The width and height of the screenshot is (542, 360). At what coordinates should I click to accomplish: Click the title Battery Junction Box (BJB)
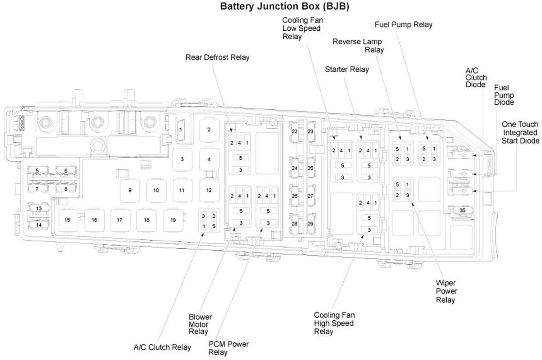pyautogui.click(x=284, y=6)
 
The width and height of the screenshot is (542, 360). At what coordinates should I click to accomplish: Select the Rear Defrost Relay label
pyautogui.click(x=217, y=57)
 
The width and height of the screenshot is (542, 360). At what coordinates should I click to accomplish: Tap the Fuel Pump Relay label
pyautogui.click(x=403, y=24)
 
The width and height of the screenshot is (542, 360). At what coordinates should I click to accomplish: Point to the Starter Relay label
pyautogui.click(x=346, y=69)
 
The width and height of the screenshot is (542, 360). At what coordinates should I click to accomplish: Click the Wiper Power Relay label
pyautogui.click(x=445, y=291)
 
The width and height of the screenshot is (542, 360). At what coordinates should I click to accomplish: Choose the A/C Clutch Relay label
pyautogui.click(x=162, y=347)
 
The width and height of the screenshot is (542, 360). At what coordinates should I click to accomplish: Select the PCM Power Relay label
pyautogui.click(x=229, y=348)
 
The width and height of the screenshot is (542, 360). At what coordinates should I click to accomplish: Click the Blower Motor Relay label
pyautogui.click(x=198, y=324)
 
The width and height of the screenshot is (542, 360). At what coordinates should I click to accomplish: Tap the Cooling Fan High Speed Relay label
pyautogui.click(x=334, y=323)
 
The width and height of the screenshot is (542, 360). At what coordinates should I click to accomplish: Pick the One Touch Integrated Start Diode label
pyautogui.click(x=521, y=132)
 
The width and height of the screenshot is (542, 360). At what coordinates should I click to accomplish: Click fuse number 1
pyautogui.click(x=181, y=130)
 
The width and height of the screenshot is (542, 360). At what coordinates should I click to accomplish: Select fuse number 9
pyautogui.click(x=130, y=190)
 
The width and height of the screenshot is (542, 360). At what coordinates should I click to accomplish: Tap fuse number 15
pyautogui.click(x=67, y=220)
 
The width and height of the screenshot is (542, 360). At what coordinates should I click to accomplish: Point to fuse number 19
pyautogui.click(x=173, y=220)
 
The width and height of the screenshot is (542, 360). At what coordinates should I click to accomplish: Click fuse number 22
pyautogui.click(x=294, y=131)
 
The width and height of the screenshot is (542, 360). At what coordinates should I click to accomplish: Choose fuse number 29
pyautogui.click(x=310, y=224)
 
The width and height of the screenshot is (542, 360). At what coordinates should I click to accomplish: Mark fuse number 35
pyautogui.click(x=462, y=210)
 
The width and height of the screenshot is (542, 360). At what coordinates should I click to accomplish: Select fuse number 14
pyautogui.click(x=39, y=224)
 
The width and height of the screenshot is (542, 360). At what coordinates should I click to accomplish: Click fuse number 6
pyautogui.click(x=65, y=171)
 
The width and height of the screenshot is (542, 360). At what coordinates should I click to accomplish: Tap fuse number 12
pyautogui.click(x=208, y=190)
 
